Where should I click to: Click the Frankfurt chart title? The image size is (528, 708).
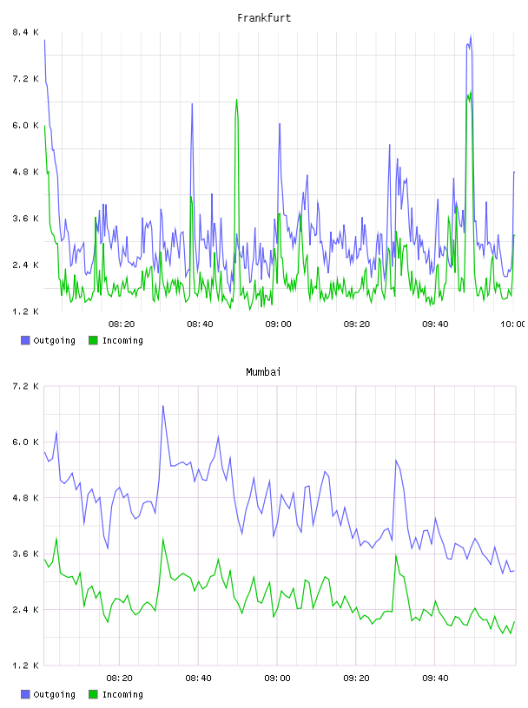click(x=264, y=18)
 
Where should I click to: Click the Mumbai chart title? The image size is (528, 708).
click(x=263, y=372)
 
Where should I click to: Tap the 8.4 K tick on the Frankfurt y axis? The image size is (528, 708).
click(x=25, y=32)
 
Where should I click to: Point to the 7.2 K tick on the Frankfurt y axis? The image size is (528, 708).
click(x=25, y=79)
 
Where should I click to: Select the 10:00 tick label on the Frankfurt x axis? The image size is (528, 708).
click(x=513, y=324)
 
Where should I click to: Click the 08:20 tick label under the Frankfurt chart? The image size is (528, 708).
click(x=122, y=324)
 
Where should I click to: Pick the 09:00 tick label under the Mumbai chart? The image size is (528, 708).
click(x=277, y=678)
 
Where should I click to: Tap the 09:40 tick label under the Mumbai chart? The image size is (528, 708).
click(x=435, y=678)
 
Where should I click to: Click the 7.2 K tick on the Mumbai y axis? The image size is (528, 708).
click(x=25, y=386)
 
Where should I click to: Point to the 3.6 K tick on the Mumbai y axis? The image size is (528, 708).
click(x=25, y=554)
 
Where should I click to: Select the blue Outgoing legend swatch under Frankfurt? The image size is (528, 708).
click(x=25, y=340)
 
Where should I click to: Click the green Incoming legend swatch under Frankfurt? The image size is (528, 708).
click(x=93, y=340)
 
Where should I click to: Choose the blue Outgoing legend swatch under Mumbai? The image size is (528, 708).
click(x=25, y=694)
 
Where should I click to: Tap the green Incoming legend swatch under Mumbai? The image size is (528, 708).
click(x=93, y=694)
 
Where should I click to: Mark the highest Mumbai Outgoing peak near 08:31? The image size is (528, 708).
click(x=162, y=406)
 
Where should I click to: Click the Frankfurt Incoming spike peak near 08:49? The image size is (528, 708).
click(x=236, y=100)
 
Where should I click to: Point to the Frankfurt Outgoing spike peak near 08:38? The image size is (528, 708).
click(x=192, y=104)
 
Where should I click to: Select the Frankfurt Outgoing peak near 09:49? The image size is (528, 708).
click(x=471, y=36)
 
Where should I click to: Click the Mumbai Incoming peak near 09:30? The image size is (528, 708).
click(x=396, y=555)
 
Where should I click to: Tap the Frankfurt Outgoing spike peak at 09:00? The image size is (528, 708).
click(x=280, y=123)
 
